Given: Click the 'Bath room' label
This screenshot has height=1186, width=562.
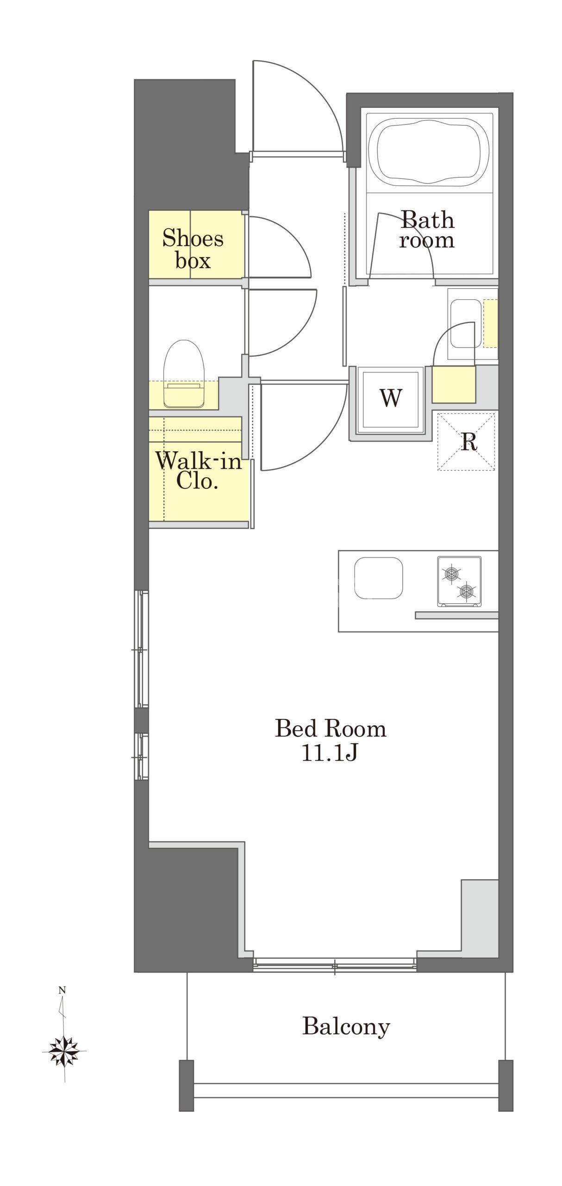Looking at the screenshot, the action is click(x=427, y=230).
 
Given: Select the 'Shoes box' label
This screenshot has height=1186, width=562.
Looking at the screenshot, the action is click(x=193, y=250).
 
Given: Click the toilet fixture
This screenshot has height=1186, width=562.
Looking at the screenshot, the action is click(x=184, y=374).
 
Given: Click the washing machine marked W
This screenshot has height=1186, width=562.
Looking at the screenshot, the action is click(x=391, y=398).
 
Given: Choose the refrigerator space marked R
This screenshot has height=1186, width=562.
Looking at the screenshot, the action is click(x=467, y=442).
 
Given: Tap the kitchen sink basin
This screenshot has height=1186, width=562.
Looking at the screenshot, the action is click(x=378, y=578).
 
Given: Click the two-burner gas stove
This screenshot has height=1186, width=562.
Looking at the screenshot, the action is click(x=459, y=581).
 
